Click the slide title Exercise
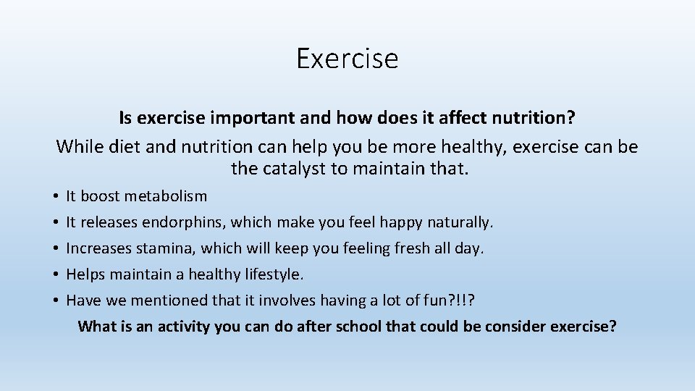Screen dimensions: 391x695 pos(347,58)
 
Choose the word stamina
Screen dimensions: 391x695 pos(169,248)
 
